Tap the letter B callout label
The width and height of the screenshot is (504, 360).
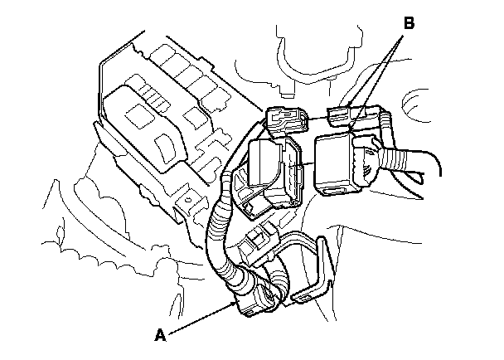point(407,24)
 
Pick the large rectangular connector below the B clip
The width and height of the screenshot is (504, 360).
point(340,163)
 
